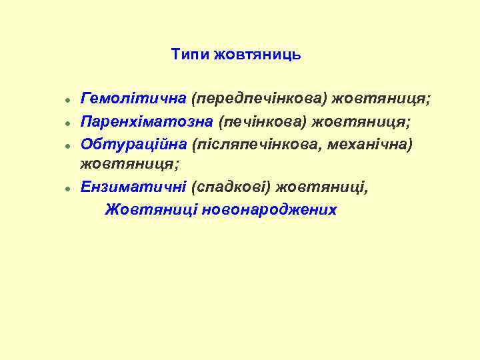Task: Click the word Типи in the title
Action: (x=190, y=55)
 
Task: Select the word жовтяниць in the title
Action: (x=257, y=55)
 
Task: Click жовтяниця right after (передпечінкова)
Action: (x=382, y=99)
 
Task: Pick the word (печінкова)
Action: (x=271, y=121)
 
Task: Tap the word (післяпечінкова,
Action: (x=266, y=143)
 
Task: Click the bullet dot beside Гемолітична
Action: (x=69, y=101)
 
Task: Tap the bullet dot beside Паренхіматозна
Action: (x=69, y=123)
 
